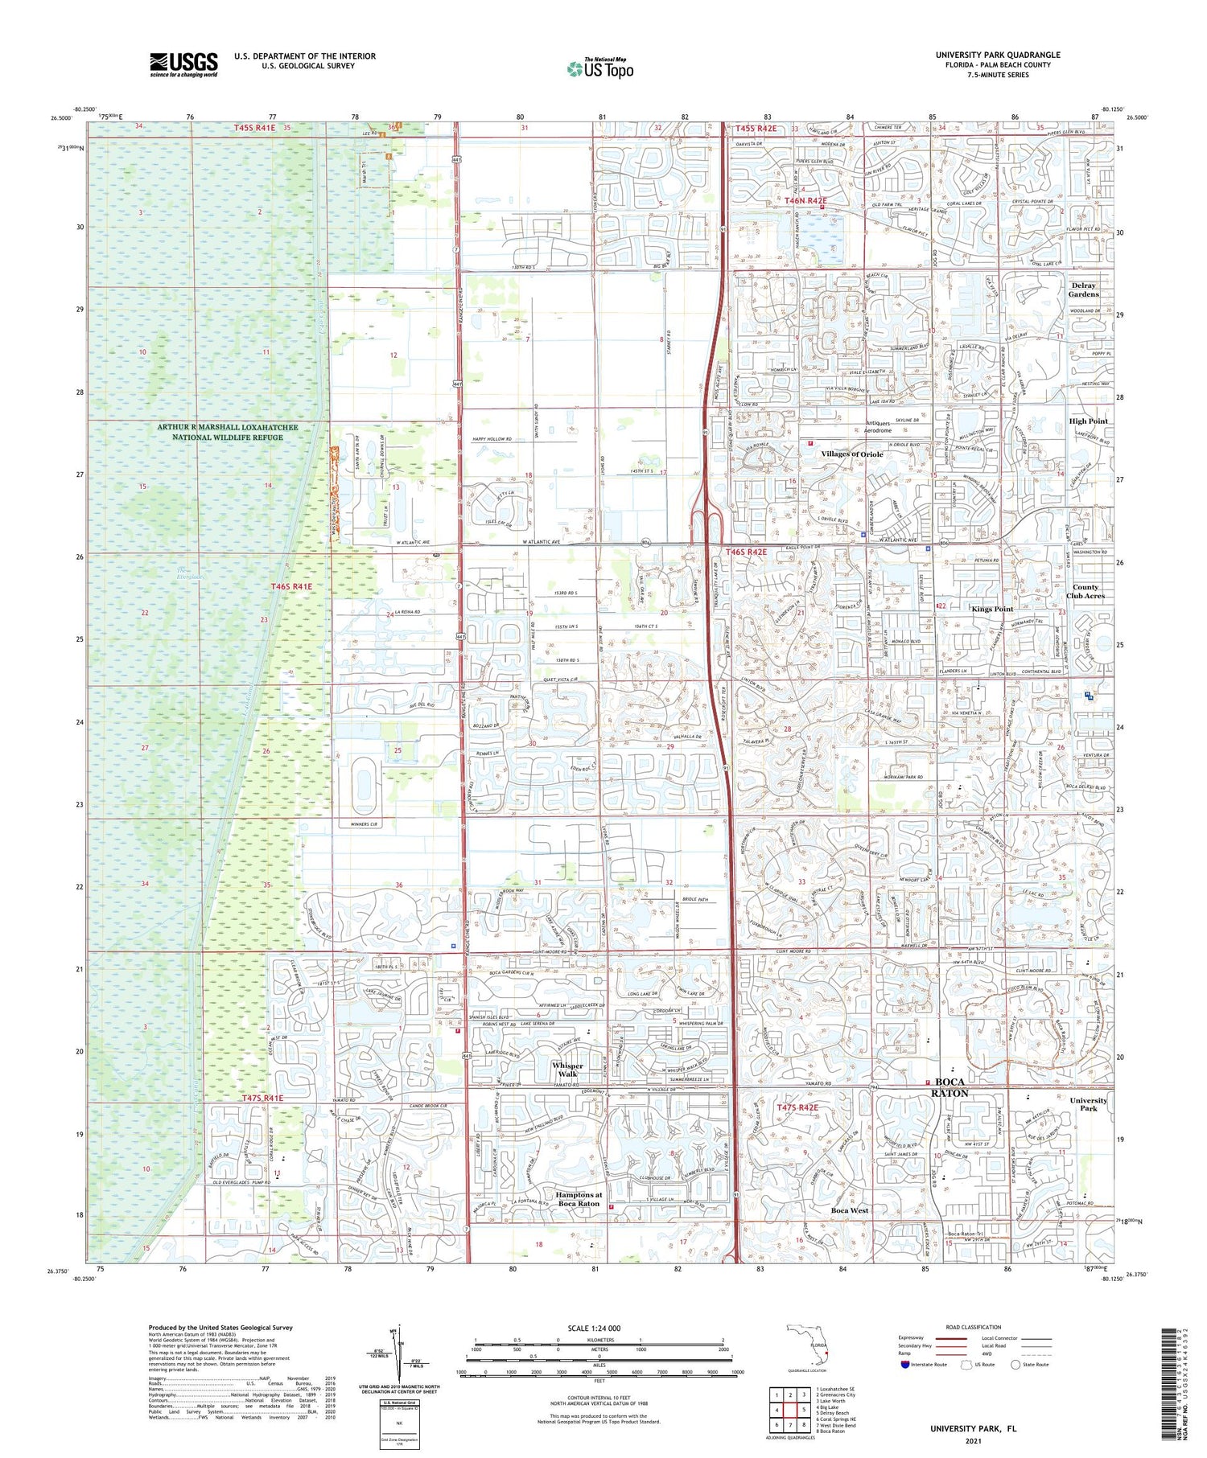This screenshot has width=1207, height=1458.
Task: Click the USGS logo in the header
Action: pos(183,64)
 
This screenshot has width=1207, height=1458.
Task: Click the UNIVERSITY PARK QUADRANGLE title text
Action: pos(997,55)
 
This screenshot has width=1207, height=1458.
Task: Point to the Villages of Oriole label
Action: pos(851,454)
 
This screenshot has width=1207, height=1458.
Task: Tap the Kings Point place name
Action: pos(992,609)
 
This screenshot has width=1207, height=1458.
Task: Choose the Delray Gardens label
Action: pos(1084,290)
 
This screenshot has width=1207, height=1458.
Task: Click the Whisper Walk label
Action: pos(567,1070)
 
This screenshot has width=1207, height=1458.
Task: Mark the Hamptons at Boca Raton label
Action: pos(578,1199)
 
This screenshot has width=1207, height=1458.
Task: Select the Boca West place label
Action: pos(849,1210)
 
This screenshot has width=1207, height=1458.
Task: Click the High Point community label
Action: pos(1088,421)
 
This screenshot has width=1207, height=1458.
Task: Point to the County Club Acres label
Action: pos(1085,591)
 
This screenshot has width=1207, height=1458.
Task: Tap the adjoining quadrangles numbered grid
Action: pos(790,1411)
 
